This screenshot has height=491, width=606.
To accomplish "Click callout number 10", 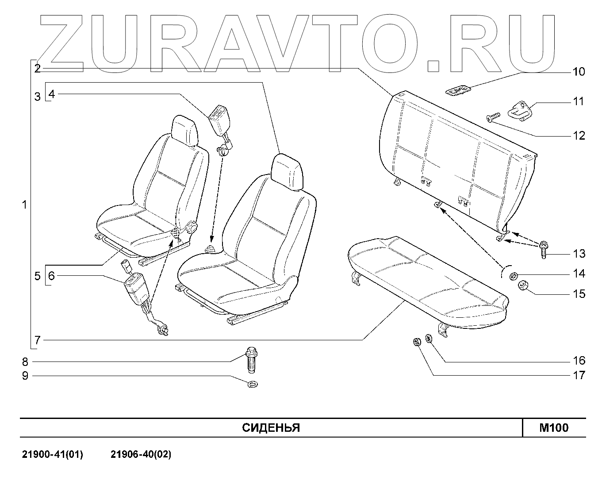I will (x=579, y=72).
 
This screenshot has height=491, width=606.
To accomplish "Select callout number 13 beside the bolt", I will (x=579, y=254).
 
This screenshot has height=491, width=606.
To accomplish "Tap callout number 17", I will (x=579, y=375).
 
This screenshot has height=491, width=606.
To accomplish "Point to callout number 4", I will (x=52, y=94).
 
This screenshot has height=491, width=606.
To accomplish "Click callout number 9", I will (x=25, y=376).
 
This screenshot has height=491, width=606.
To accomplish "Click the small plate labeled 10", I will (x=458, y=91).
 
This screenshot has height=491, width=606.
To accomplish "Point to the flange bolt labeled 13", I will (x=543, y=249).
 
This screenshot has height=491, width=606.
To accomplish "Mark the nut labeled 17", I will (x=416, y=342).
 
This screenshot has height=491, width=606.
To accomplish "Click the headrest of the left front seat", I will (x=184, y=129).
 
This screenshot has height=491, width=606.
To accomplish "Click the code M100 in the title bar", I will (x=554, y=428).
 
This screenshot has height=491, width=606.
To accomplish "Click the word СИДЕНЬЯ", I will (x=271, y=428).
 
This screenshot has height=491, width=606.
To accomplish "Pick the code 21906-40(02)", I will (x=141, y=454).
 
